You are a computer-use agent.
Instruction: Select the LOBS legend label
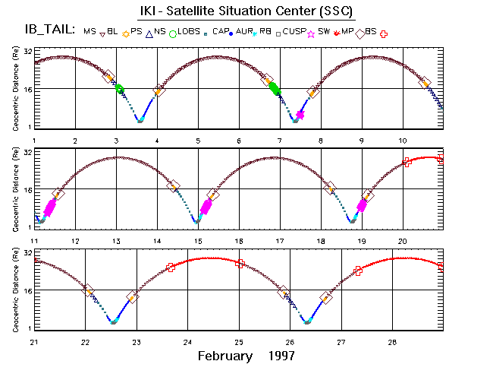[x=190, y=31]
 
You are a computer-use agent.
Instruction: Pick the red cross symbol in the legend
[x=384, y=33]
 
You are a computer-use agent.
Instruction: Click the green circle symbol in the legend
[x=173, y=33]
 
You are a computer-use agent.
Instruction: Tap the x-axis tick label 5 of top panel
[x=198, y=141]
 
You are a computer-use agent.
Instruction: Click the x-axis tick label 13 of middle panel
[x=116, y=241]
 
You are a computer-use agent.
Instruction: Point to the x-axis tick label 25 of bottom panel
[x=239, y=342]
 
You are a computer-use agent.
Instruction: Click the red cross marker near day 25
[x=240, y=264]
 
